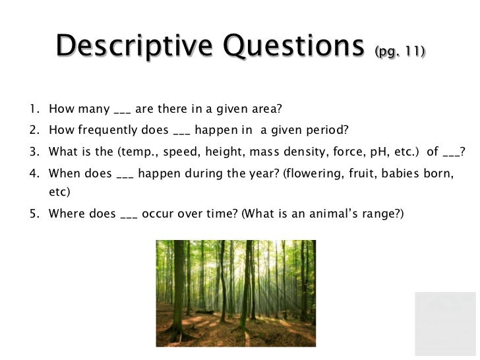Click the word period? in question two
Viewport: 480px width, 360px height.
(x=331, y=130)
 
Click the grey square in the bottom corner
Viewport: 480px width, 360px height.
(x=445, y=324)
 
